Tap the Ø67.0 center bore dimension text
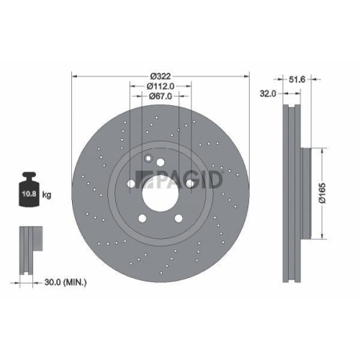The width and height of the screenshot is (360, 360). [160, 98]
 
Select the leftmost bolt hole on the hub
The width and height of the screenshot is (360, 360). [130, 184]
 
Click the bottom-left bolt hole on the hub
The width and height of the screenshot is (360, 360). [142, 218]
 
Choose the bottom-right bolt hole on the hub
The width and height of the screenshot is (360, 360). [178, 218]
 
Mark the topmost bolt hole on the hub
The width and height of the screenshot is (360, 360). [160, 162]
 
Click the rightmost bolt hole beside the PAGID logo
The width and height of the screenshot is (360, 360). [189, 184]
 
